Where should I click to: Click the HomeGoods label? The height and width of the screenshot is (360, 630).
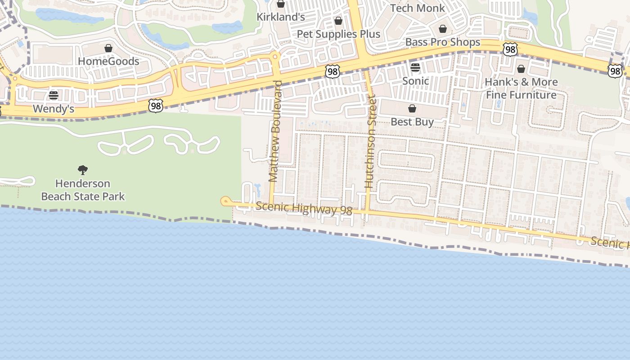point(108,61)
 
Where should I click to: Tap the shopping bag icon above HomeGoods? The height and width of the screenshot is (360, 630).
point(108,48)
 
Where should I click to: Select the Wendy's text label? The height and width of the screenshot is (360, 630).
point(54,109)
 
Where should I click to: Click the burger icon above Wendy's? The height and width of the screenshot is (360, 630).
point(54,95)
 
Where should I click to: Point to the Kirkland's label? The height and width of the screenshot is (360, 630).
point(281,17)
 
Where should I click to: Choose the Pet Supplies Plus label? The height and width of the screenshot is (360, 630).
point(338,34)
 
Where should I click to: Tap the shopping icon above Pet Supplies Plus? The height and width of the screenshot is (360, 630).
point(338,21)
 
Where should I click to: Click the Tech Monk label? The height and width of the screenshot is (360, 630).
point(417,8)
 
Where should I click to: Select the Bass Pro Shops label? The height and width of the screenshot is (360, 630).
point(443,42)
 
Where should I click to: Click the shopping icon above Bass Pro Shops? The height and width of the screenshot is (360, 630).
point(443,29)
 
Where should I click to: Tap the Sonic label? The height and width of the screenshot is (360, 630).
point(415,81)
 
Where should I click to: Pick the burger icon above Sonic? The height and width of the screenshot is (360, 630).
point(415,68)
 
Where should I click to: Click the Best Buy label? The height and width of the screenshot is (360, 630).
point(412,122)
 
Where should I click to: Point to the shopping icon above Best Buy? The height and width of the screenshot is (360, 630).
point(412,108)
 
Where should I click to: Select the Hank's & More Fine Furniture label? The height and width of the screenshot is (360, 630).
point(521,89)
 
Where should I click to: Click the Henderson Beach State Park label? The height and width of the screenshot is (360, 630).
point(83,190)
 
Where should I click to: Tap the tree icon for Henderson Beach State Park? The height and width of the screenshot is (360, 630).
point(83,170)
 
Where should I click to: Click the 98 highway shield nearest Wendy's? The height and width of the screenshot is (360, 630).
point(155,106)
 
